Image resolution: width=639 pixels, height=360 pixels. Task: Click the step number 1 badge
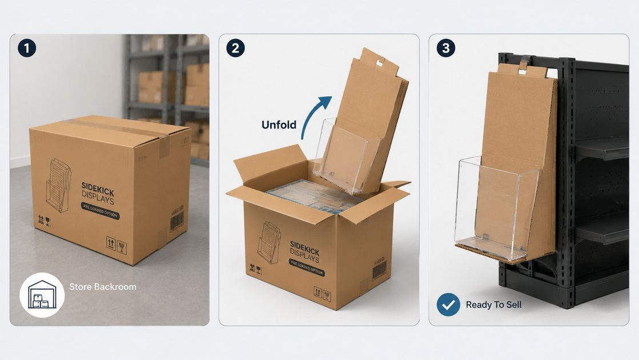point(27,48)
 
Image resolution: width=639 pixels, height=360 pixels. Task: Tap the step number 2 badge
point(235,48)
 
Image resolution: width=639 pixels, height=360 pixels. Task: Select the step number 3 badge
point(446,48)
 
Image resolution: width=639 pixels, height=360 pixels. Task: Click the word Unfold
point(279,125)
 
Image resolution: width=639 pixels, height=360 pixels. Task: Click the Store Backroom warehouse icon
point(42,295)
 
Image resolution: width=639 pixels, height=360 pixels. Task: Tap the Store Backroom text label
point(103,287)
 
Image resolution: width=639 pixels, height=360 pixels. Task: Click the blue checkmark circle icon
point(448,305)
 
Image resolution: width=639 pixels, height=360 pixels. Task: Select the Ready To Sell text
point(493,305)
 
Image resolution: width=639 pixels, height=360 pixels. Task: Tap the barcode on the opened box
point(379,270)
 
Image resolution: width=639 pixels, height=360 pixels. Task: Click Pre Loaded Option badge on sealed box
point(101,211)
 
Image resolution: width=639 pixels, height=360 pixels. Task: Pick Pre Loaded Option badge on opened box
point(307,267)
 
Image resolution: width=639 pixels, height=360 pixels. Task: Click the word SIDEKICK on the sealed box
point(98,189)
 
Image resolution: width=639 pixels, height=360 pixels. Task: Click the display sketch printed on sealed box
point(59,186)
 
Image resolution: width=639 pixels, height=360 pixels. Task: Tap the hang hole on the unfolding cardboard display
point(380,62)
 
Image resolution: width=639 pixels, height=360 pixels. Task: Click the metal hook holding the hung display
point(525,63)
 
